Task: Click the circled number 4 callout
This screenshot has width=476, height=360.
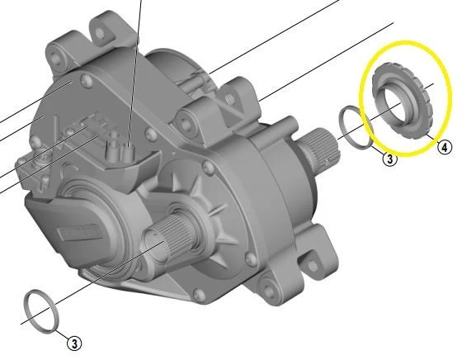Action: click(444, 148)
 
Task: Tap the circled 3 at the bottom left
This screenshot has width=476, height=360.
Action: click(75, 342)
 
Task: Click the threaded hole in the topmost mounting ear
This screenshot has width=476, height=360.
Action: click(101, 32)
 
